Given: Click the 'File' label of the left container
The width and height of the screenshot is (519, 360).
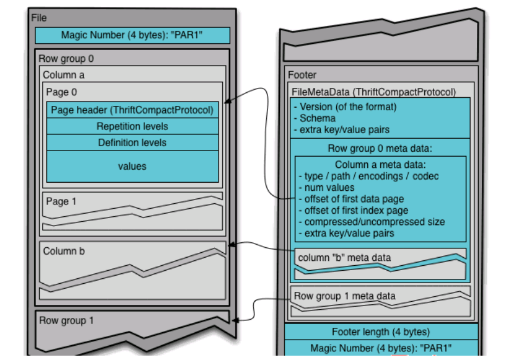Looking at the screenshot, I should (x=39, y=18).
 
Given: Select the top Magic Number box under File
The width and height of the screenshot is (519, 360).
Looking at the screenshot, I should (x=132, y=35).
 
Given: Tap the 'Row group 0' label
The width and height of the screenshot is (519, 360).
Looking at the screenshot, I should (x=66, y=59).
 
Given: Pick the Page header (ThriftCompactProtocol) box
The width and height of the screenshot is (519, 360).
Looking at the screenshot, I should (x=132, y=110).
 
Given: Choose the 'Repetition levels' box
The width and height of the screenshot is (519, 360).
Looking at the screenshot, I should (x=132, y=126).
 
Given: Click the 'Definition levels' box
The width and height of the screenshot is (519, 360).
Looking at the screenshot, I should (x=132, y=143).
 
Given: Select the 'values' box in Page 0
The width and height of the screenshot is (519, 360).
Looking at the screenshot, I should (x=132, y=166).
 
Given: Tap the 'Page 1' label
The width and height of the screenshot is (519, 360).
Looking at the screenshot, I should (x=61, y=201).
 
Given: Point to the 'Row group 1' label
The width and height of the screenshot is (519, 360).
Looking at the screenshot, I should (x=66, y=320).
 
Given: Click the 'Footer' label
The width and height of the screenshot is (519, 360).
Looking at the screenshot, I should (x=302, y=76).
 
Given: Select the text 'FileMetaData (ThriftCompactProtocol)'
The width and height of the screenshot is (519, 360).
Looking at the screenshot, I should (x=373, y=92).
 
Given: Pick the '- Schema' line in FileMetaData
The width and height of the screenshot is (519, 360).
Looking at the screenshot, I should (x=316, y=118).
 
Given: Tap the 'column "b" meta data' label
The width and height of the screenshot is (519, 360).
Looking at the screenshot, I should (x=344, y=257).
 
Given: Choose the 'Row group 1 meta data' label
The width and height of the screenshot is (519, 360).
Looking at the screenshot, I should (x=344, y=296).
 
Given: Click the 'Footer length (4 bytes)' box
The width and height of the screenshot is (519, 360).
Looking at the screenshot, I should (x=380, y=331).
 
